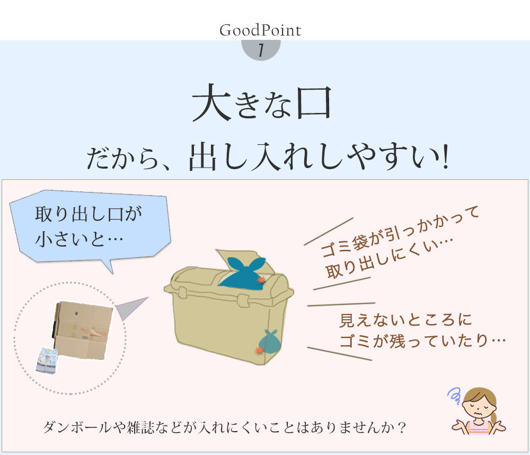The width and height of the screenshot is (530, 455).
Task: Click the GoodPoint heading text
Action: point(260,30)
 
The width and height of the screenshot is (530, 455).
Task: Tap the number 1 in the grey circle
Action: point(261,50)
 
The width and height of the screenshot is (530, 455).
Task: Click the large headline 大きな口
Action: point(262,103)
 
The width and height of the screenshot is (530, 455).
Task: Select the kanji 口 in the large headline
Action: point(314,103)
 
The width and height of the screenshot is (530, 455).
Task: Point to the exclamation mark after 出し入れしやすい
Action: point(446,156)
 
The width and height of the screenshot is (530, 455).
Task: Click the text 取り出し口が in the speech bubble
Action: point(88,214)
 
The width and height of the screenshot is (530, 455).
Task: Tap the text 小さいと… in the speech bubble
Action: point(79,239)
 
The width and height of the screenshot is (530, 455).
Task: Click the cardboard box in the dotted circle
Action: point(83,330)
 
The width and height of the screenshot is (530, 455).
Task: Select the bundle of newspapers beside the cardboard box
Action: point(47,361)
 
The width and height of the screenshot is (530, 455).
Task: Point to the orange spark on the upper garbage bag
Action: point(261,280)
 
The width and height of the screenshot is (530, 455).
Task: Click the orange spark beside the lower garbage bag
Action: point(259,350)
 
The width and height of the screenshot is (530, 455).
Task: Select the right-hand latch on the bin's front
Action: point(243,300)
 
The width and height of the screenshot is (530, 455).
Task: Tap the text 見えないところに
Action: point(405,320)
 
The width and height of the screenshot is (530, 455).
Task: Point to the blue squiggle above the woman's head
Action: point(454,396)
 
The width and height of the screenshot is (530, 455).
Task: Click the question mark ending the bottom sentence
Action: point(402,427)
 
